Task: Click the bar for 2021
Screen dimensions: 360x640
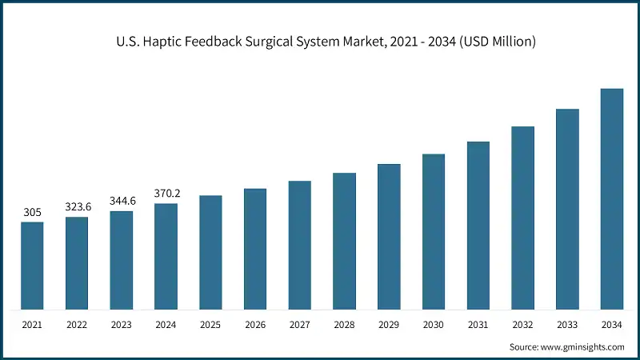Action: [x=32, y=266]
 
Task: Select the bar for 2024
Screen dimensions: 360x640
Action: [x=166, y=256]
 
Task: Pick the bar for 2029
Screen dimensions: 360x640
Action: [x=389, y=237]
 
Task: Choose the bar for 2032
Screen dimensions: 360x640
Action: [x=522, y=218]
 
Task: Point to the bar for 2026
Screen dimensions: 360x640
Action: [x=255, y=249]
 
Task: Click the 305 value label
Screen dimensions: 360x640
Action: [x=32, y=213]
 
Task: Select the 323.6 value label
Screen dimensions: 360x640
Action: [x=78, y=207]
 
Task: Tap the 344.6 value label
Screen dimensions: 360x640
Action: [x=122, y=201]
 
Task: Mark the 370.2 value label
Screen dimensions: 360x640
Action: [x=166, y=193]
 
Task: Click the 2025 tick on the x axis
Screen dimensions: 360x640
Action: [x=210, y=325]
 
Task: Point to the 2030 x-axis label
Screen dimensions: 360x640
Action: [x=434, y=325]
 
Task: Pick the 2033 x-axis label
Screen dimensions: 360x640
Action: [x=567, y=325]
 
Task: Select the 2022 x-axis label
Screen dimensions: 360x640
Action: [x=77, y=325]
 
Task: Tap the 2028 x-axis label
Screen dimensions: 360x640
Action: [x=344, y=325]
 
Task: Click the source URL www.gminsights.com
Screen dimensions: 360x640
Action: [x=582, y=346]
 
